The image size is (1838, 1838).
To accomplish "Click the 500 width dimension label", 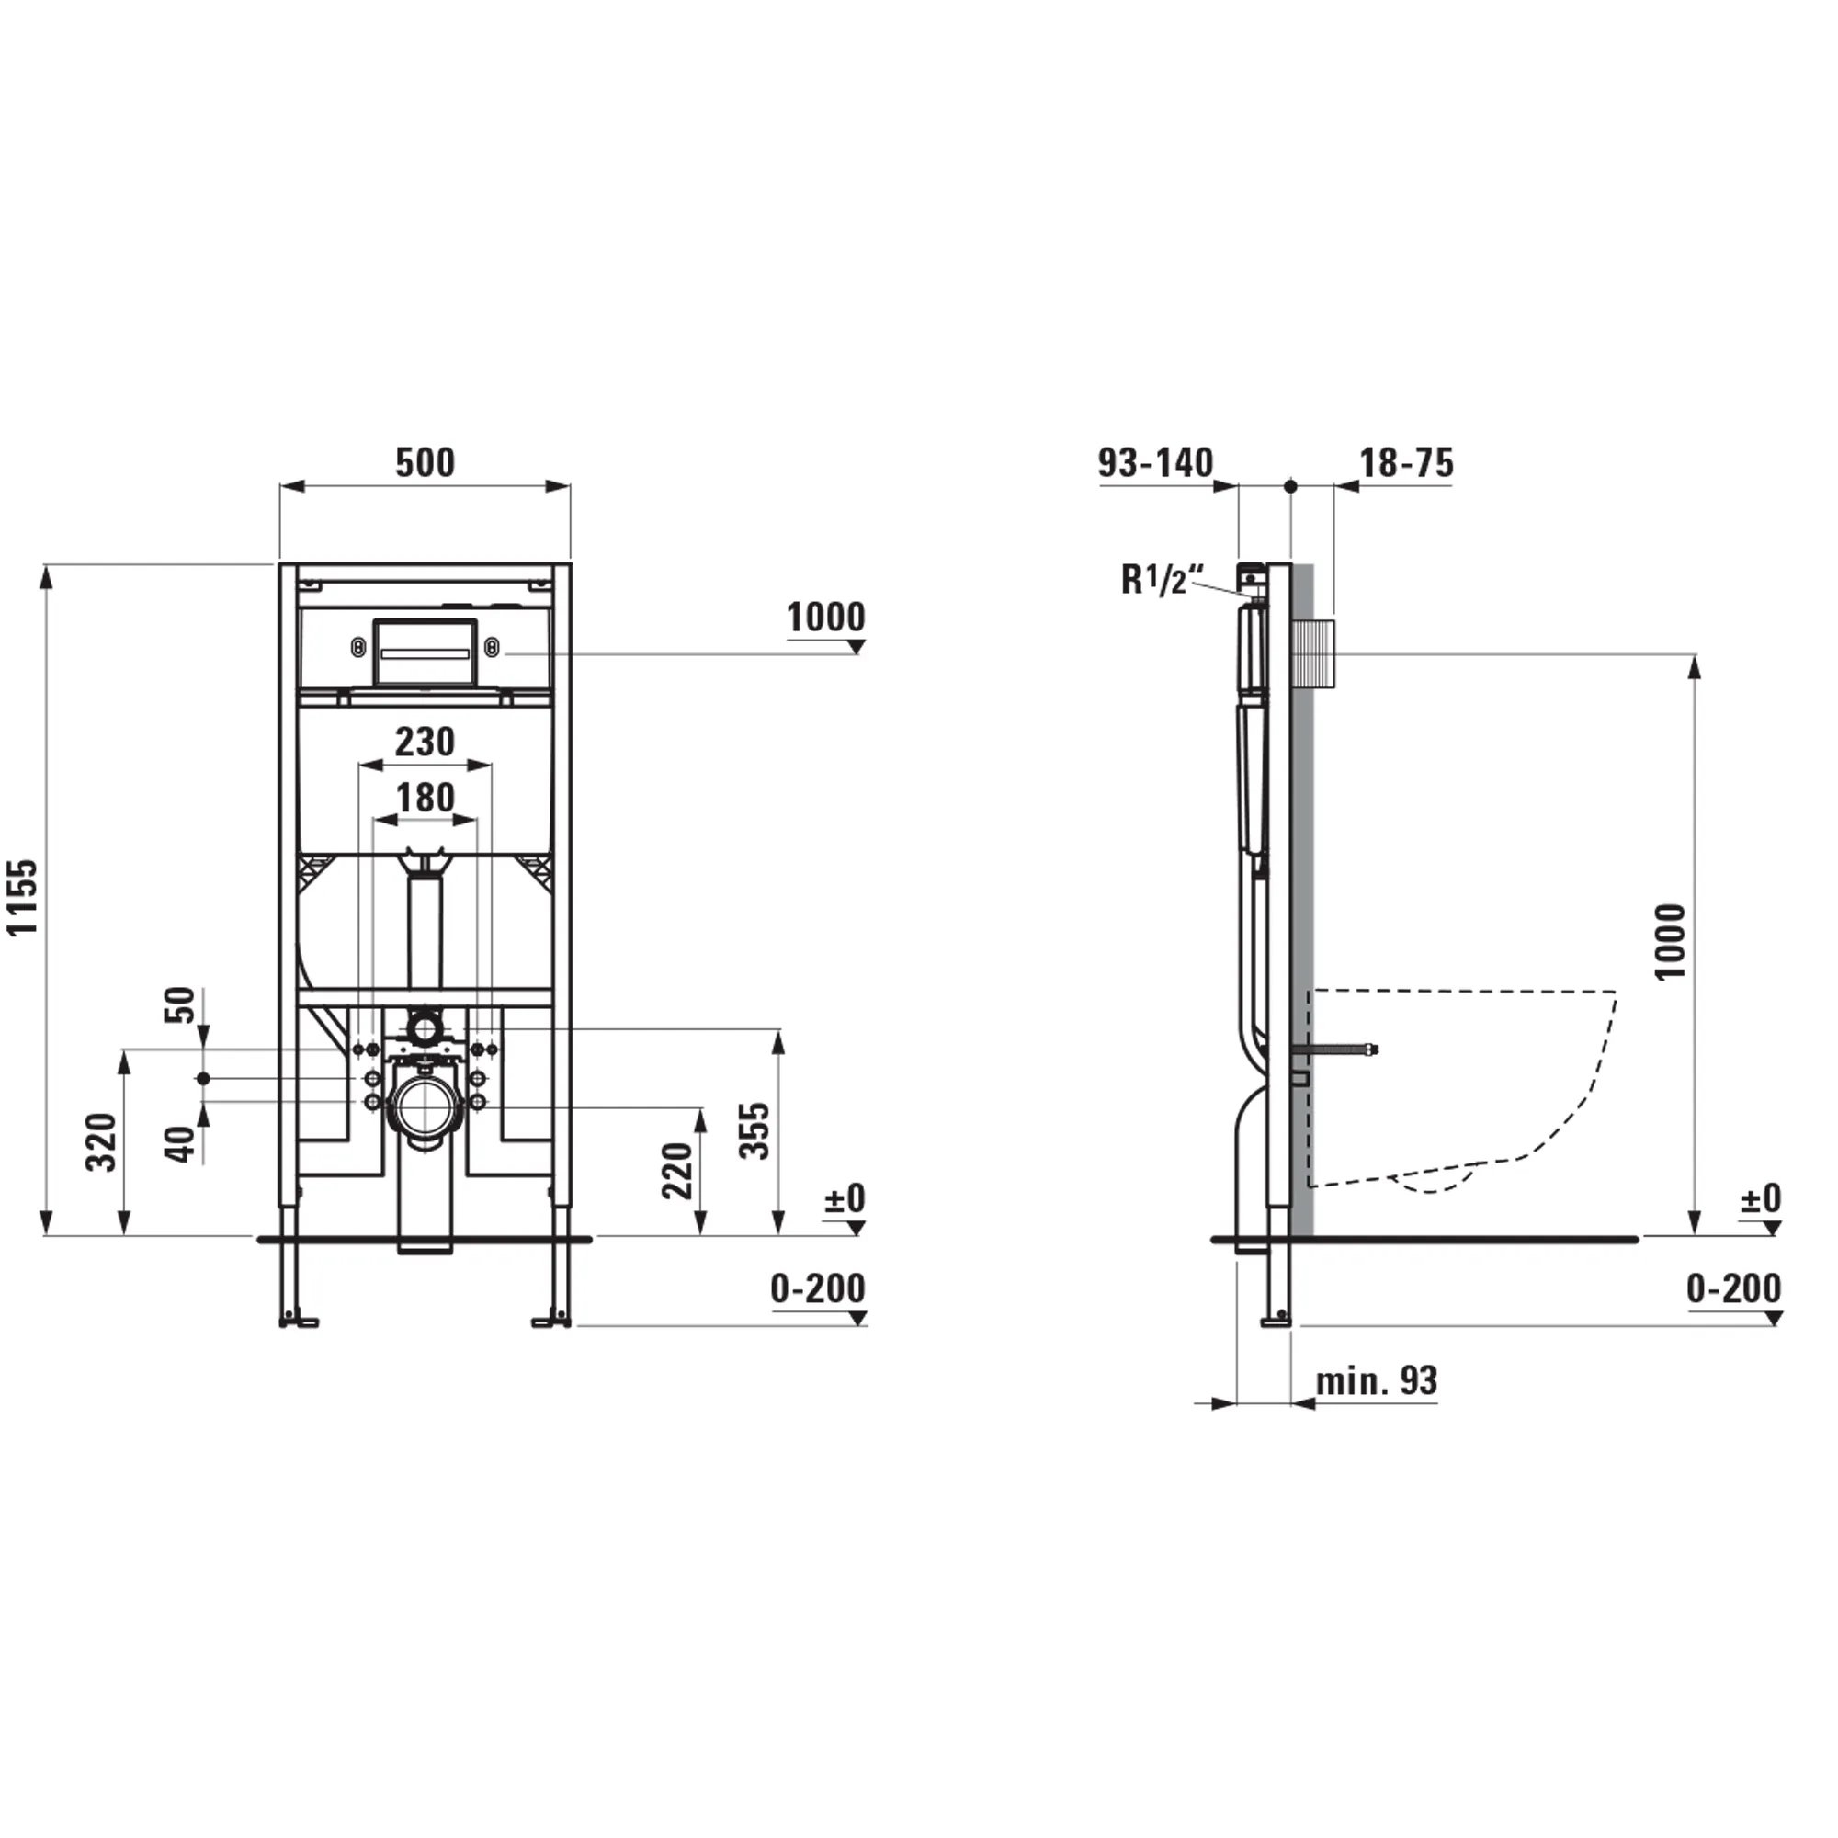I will coord(425,463).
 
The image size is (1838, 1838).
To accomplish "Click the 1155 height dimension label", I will coord(23,896).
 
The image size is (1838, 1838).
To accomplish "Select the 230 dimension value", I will coord(425,742).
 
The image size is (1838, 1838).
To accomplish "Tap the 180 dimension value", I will coord(425,797).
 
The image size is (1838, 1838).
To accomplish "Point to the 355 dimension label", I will coord(754,1130).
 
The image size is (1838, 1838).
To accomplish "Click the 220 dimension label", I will coord(676,1171).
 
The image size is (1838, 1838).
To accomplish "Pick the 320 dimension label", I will coord(101,1141).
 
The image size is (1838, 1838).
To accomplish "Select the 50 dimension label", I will coord(181,1005).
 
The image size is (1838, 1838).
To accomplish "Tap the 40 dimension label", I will coord(181,1144).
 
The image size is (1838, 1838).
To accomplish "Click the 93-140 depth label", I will coord(1155,463).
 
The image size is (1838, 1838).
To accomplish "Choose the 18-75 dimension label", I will coord(1406,463).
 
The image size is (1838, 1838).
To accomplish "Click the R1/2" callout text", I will coord(1161,579).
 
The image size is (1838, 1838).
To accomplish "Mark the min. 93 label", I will coord(1376,1380).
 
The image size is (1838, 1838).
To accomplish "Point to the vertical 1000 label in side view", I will coord(1670,942).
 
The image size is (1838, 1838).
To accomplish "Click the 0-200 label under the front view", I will coord(817,1289).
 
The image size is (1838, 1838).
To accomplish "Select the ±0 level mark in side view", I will coord(1760,1198).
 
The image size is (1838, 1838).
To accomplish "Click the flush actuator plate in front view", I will coord(425,652).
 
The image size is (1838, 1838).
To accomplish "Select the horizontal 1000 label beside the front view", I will coord(826,618).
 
